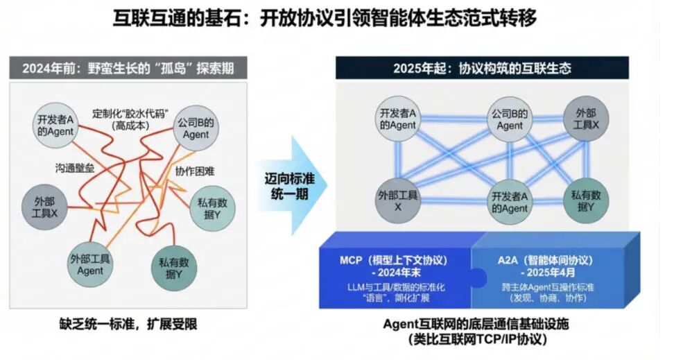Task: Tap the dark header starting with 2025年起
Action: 482,68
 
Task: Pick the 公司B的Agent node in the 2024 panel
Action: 195,128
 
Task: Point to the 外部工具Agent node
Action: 90,264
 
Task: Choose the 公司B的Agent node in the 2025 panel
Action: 510,119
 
